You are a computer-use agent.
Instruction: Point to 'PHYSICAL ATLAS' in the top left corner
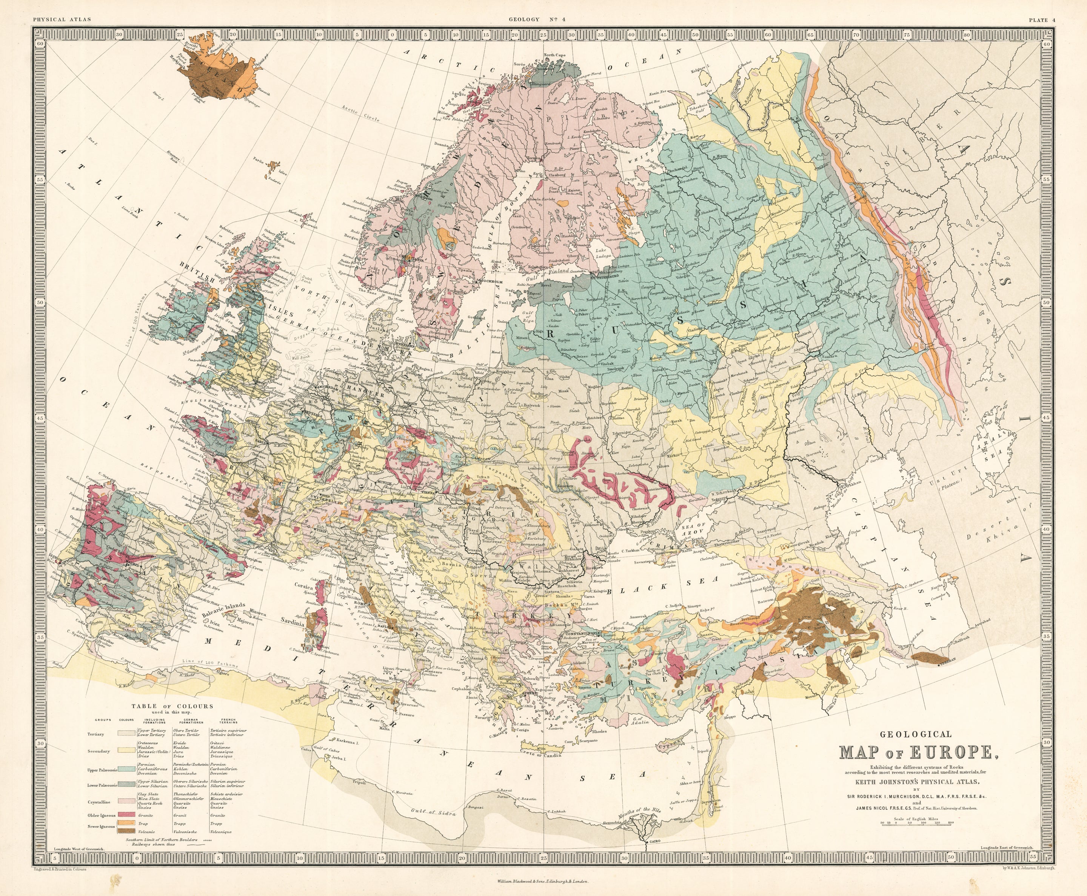point(62,20)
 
